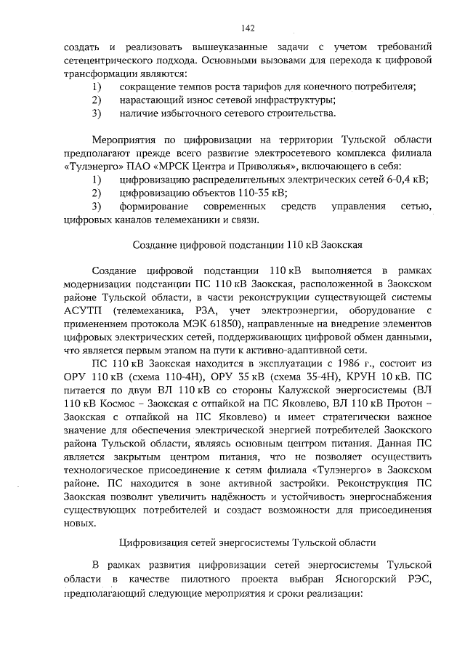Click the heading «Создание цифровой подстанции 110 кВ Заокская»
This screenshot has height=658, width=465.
247,245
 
